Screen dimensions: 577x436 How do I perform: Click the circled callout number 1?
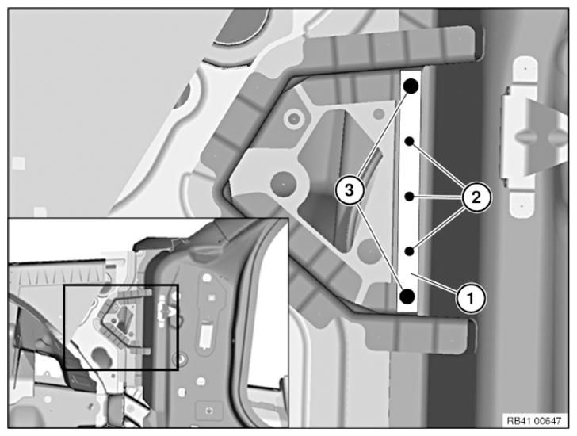click(471, 298)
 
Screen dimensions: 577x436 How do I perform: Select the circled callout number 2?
click(476, 198)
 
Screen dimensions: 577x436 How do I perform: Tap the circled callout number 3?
click(349, 190)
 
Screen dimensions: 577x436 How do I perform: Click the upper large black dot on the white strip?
click(411, 86)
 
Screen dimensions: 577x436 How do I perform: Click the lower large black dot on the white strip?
click(407, 296)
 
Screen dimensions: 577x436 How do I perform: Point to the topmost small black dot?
click(409, 141)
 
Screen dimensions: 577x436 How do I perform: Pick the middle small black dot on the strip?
click(409, 197)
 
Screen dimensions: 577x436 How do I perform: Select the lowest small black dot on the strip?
click(409, 251)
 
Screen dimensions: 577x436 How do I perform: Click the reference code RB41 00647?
click(534, 421)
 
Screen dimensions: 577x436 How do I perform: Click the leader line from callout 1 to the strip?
click(435, 282)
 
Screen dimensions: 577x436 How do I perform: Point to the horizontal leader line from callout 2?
click(438, 197)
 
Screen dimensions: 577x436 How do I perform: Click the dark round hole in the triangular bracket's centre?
click(283, 183)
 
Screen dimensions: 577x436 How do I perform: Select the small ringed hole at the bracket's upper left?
click(293, 118)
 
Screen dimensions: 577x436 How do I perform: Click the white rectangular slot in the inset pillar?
click(206, 335)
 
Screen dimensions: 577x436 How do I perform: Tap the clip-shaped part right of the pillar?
click(528, 137)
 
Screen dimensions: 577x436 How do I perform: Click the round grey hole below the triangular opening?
click(369, 251)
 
